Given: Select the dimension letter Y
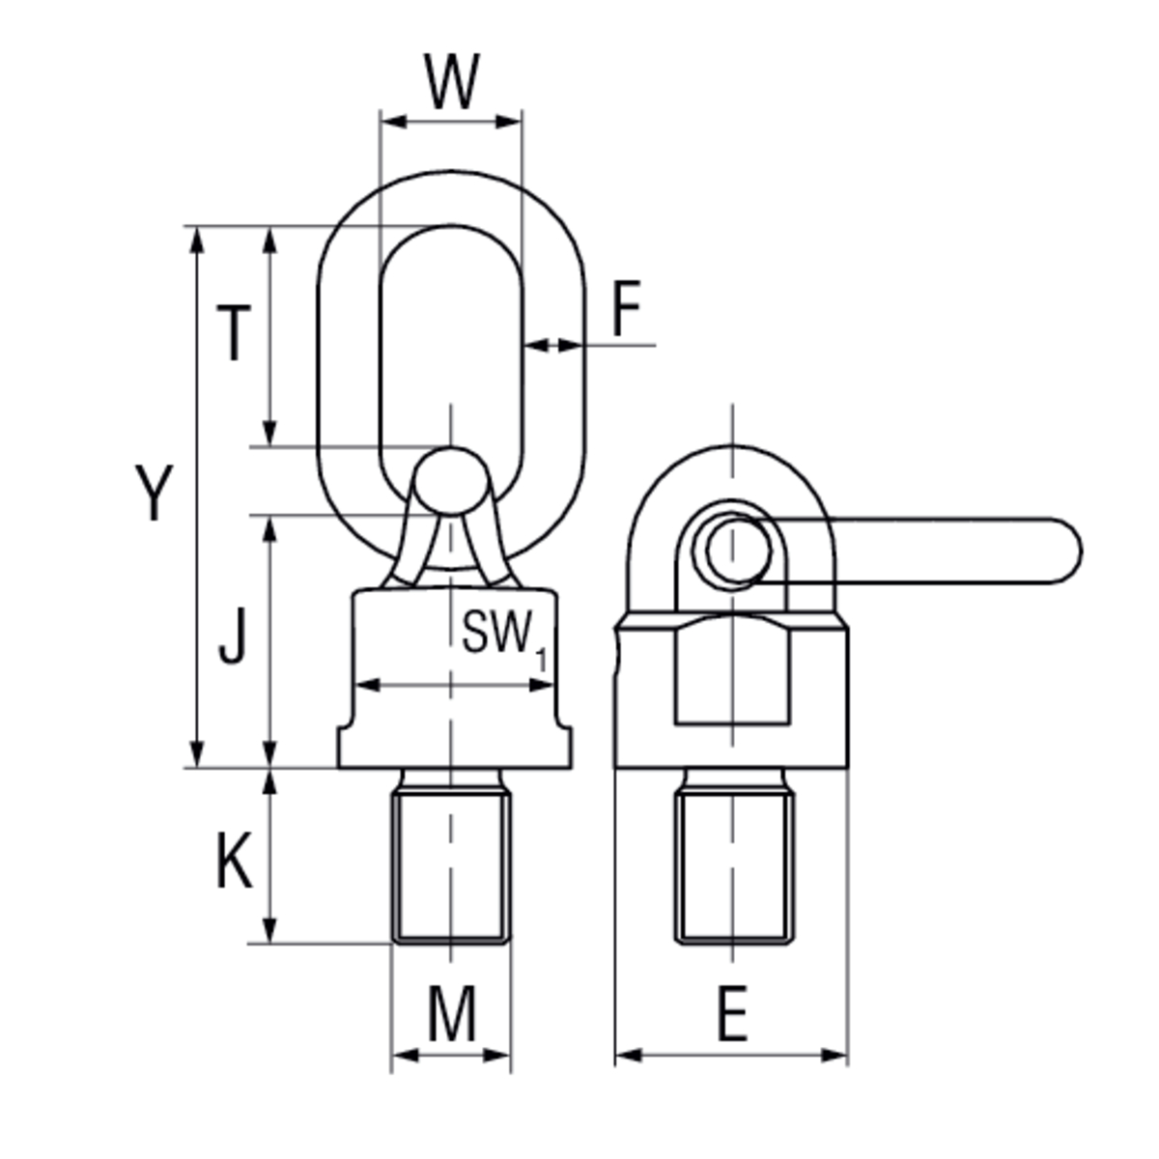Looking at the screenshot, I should pos(153,493).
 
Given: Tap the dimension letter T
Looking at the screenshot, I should pos(233,333).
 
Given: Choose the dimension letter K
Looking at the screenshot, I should pos(233,862).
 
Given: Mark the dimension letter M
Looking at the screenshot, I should pos(451,1014).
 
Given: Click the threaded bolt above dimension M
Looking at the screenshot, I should pos(451,864).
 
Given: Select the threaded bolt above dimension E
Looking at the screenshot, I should pos(734,864).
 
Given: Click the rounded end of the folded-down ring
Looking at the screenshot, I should pos(1062,551).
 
